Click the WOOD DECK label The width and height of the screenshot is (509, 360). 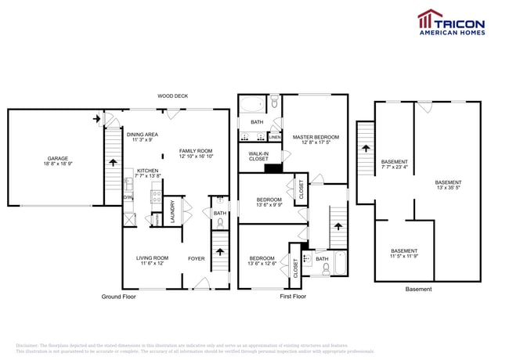tap(172, 96)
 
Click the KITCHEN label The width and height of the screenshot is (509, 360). tap(147, 171)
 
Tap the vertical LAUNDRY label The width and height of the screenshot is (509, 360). tap(173, 212)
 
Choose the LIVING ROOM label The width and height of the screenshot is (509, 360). tap(152, 257)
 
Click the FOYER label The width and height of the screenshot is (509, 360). tap(195, 258)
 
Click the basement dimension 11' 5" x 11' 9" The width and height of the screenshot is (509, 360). tap(404, 256)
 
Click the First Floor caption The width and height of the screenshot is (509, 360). tap(293, 297)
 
